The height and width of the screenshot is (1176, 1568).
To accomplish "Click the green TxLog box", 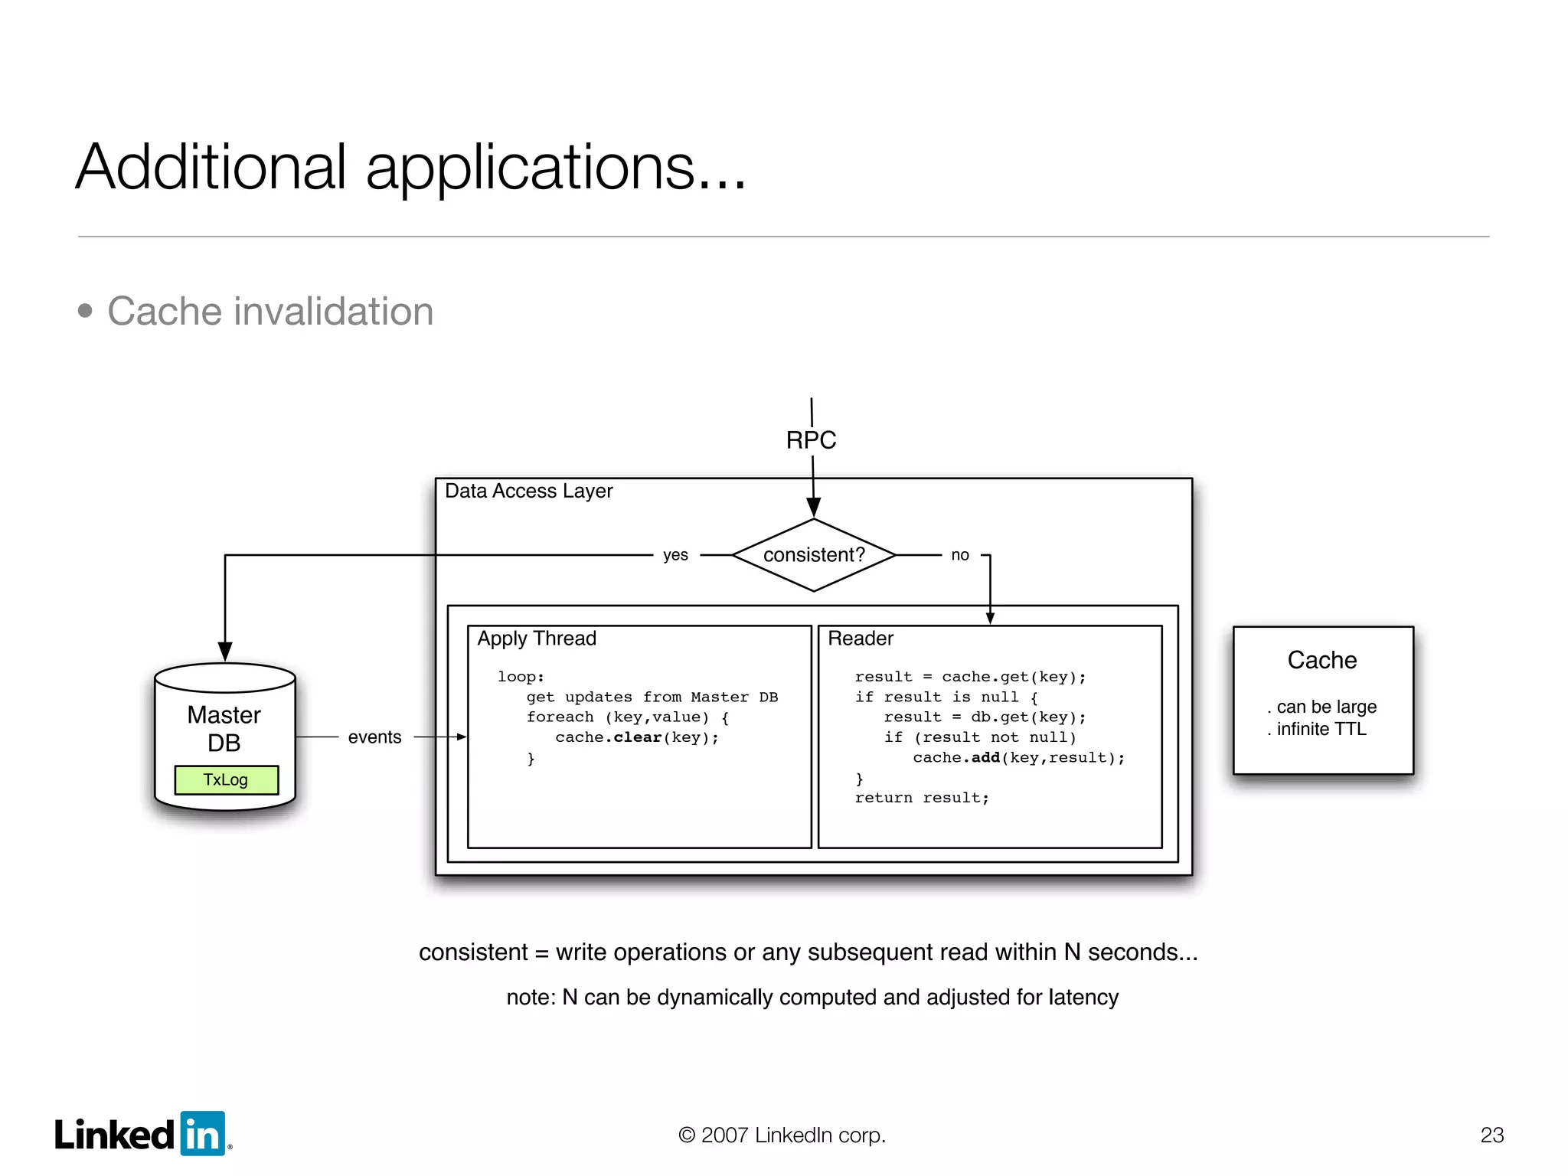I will [x=226, y=779].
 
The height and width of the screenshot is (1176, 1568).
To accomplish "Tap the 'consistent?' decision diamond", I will [x=813, y=555].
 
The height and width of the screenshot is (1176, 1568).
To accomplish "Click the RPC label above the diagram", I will [x=811, y=440].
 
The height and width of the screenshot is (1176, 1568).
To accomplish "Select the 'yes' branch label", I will [x=675, y=555].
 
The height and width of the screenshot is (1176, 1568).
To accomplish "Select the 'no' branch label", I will [x=960, y=555].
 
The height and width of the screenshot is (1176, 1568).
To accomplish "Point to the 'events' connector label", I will [x=374, y=737].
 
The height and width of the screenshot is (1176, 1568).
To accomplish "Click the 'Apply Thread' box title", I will [x=537, y=639].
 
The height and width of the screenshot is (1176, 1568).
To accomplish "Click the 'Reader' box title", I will [x=861, y=639].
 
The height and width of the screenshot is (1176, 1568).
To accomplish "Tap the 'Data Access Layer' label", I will [x=528, y=491].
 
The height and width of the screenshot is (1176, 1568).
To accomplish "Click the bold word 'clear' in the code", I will [x=637, y=737].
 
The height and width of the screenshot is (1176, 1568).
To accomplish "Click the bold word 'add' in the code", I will [x=985, y=758].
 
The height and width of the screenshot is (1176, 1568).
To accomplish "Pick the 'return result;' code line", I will [x=922, y=798].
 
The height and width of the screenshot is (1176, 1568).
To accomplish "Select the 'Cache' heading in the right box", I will [x=1321, y=660].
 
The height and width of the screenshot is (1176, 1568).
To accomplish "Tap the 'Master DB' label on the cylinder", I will [x=224, y=729].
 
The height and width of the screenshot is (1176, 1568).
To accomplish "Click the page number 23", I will [x=1491, y=1135].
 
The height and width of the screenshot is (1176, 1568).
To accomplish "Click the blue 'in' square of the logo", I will [x=203, y=1134].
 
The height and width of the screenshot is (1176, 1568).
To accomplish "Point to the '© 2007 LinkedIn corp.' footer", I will [x=782, y=1135].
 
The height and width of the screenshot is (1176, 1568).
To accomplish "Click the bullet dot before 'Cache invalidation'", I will [x=85, y=311].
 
